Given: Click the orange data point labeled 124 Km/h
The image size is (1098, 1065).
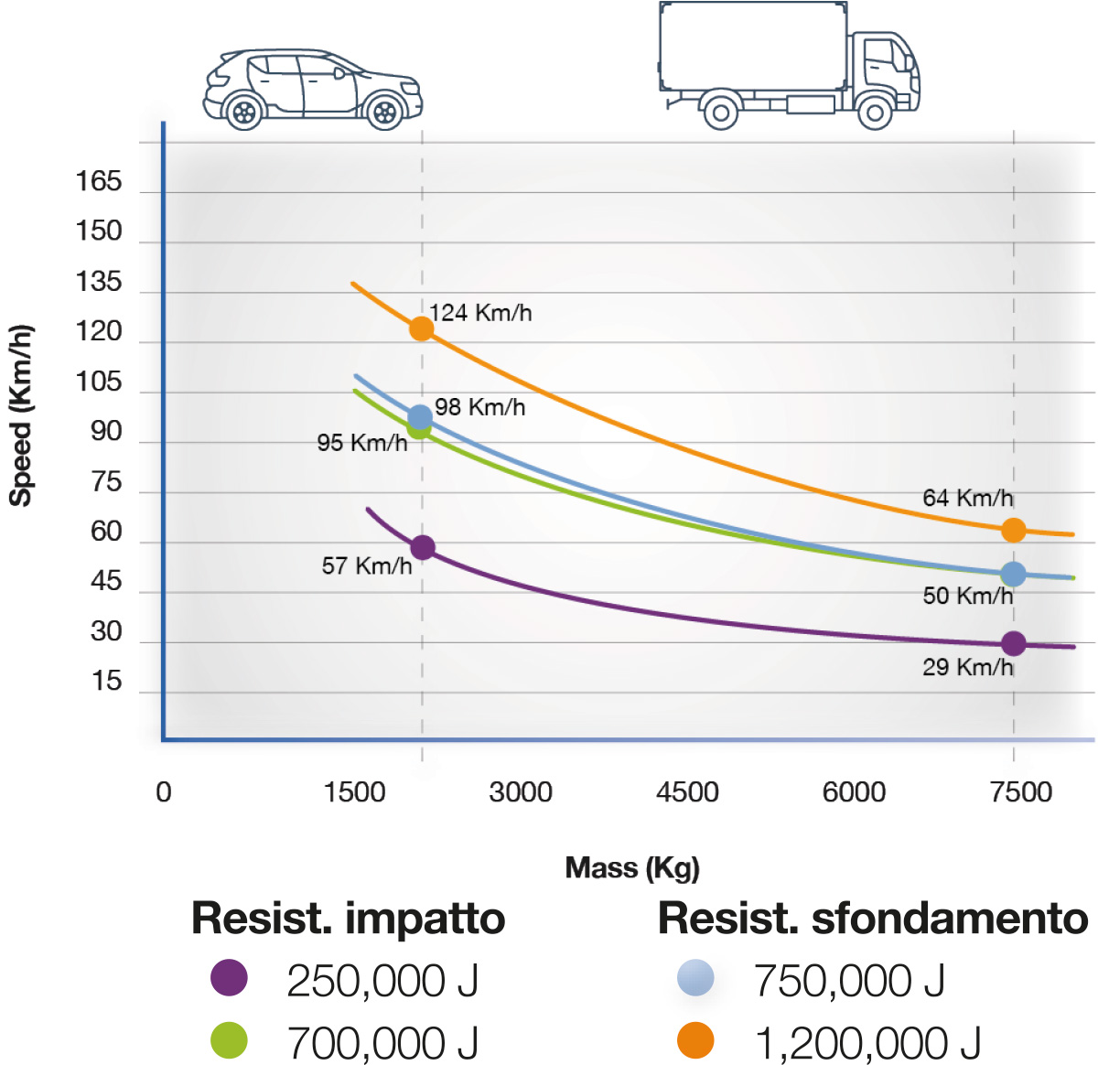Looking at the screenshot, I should (x=421, y=328).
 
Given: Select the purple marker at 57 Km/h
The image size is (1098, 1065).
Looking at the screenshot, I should (x=422, y=548).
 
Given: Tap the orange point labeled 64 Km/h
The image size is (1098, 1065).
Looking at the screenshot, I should (x=1013, y=530).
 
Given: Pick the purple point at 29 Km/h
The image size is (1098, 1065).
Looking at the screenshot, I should (x=1013, y=644).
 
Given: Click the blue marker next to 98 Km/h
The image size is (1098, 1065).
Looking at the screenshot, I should (x=420, y=417).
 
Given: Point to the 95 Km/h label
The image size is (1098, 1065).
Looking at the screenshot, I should (x=361, y=443).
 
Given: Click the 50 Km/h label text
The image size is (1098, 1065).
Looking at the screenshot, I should (x=967, y=596).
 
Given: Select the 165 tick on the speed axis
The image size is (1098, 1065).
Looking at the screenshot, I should (x=99, y=181).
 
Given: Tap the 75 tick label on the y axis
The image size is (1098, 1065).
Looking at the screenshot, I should (x=106, y=481).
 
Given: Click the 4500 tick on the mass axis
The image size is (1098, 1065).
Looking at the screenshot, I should (x=687, y=791).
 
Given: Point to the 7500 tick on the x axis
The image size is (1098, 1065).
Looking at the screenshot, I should (x=1021, y=791).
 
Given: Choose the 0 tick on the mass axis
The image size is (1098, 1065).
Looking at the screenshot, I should (x=164, y=791).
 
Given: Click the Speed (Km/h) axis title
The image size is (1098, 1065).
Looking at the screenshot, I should (x=20, y=415).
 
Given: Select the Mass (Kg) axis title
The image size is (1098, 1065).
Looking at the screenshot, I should (x=632, y=867).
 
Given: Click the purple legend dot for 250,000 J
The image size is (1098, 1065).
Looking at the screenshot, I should (x=229, y=978).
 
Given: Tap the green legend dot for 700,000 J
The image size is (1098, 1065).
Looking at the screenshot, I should (x=229, y=1040).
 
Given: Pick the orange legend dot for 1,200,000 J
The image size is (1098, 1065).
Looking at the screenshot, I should (x=695, y=1040).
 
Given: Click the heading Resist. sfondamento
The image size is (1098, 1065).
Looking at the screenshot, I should (x=873, y=919).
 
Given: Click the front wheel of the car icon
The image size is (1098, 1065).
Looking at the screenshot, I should (x=385, y=113).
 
